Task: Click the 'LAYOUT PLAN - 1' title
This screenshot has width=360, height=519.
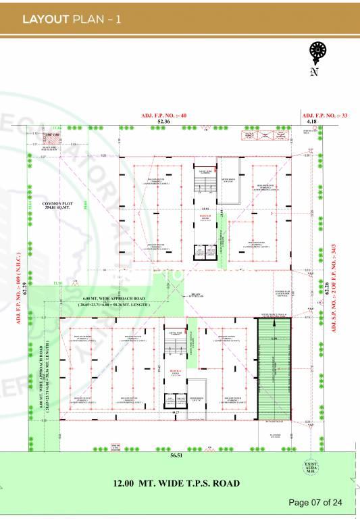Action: tap(72, 19)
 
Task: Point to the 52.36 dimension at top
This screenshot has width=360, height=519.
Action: tap(164, 122)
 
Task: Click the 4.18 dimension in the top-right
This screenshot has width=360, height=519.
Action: tap(311, 122)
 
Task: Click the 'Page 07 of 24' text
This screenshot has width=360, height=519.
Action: tap(316, 502)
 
